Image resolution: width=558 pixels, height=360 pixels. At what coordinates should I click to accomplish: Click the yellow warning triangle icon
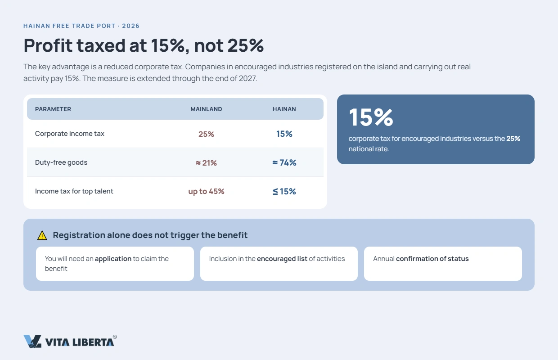click(x=42, y=235)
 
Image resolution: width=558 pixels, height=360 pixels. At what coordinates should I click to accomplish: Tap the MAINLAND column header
click(x=206, y=109)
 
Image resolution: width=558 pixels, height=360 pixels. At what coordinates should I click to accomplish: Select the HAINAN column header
click(x=284, y=109)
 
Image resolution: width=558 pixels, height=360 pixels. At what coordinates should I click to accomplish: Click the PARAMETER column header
click(x=53, y=109)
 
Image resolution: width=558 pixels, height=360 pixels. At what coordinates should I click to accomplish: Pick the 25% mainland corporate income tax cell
click(x=206, y=134)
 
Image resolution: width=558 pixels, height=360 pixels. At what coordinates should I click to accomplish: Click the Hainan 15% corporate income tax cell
click(x=284, y=134)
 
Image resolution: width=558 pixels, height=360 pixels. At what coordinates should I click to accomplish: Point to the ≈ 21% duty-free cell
click(x=206, y=163)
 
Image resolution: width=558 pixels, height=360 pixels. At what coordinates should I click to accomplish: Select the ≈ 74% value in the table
click(x=284, y=162)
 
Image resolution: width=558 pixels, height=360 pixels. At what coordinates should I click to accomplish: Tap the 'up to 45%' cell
click(x=206, y=191)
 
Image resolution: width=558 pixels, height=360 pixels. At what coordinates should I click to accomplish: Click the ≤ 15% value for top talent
click(x=284, y=191)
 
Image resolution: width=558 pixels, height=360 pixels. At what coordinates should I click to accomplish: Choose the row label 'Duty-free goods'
click(x=61, y=162)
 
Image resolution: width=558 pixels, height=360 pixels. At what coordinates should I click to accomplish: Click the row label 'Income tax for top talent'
click(x=74, y=191)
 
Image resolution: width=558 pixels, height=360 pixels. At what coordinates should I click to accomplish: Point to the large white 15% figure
click(x=371, y=117)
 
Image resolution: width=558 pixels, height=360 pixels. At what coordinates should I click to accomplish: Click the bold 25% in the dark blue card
click(x=513, y=139)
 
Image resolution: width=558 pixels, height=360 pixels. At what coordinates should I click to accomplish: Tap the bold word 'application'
click(x=113, y=259)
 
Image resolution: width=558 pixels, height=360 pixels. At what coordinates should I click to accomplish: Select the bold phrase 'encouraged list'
click(x=282, y=259)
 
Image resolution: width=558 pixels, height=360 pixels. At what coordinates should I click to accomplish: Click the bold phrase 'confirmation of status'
click(x=432, y=259)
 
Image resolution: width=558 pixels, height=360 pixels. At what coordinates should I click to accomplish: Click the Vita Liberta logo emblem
click(x=32, y=341)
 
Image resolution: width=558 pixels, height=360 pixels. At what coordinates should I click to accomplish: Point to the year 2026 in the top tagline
click(x=131, y=26)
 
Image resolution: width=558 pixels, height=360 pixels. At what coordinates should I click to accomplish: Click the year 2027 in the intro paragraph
click(x=247, y=78)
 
